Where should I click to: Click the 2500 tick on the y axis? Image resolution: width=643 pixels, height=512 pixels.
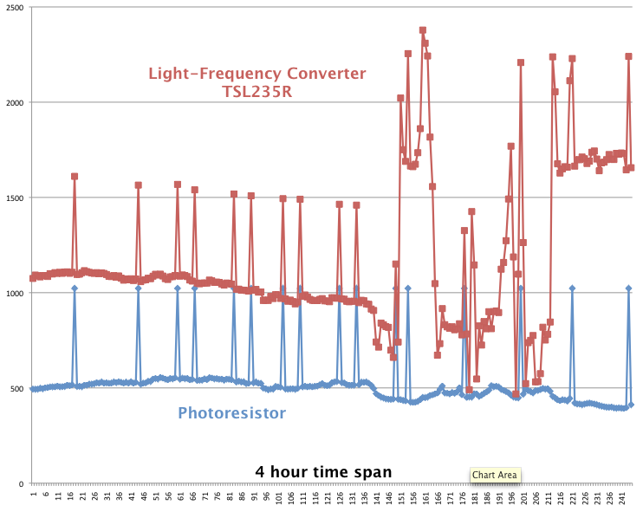(x=15, y=8)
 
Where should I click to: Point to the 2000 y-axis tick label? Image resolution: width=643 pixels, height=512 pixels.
(x=15, y=103)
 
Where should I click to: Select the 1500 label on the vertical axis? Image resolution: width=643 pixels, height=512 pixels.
(x=15, y=198)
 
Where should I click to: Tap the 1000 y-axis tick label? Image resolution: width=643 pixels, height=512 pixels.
(x=15, y=294)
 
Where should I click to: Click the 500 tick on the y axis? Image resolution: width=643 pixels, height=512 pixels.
(x=18, y=389)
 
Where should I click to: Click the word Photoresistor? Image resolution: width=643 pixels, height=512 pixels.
(x=231, y=413)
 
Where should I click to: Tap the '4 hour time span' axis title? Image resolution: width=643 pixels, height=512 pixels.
(x=323, y=471)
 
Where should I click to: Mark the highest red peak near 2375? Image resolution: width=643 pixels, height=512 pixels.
(x=423, y=30)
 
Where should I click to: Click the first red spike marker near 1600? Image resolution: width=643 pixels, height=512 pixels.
(x=75, y=177)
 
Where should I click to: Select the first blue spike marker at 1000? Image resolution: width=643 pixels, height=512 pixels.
(x=75, y=288)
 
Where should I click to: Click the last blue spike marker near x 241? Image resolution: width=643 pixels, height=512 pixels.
(x=628, y=288)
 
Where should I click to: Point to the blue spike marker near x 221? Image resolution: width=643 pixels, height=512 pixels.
(x=572, y=288)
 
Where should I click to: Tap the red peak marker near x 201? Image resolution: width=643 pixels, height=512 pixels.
(x=521, y=62)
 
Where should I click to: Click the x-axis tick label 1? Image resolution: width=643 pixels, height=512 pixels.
(x=33, y=495)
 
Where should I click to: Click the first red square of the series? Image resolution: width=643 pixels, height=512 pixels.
(x=33, y=278)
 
